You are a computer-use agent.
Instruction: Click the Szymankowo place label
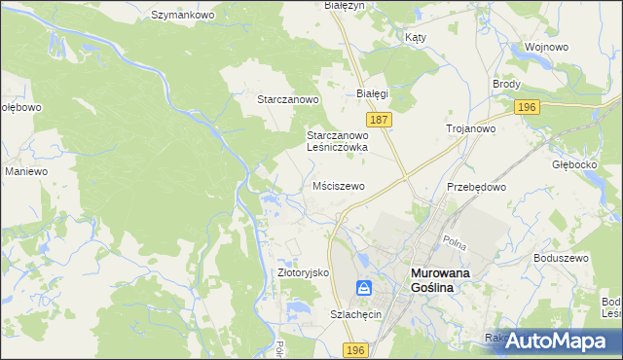[182, 16]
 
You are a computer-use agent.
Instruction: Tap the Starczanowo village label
[288, 99]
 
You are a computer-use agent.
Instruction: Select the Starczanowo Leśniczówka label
[337, 141]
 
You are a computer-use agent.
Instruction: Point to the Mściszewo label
[339, 185]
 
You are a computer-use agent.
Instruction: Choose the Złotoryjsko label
[305, 273]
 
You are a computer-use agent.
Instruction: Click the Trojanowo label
[471, 127]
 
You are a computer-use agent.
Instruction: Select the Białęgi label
[372, 93]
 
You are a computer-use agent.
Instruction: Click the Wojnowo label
[546, 46]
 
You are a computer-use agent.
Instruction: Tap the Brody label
[506, 85]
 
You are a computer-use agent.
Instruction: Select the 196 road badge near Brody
[528, 107]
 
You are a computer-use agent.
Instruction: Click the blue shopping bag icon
[363, 288]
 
